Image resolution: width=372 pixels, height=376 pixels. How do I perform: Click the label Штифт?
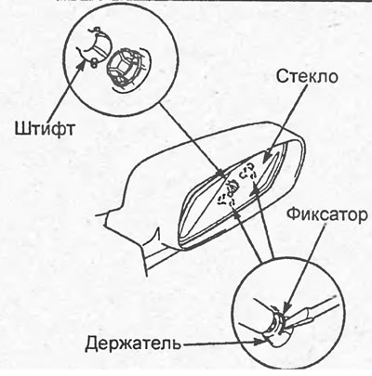[x=45, y=128]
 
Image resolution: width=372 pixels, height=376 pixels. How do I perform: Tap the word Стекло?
[x=307, y=76]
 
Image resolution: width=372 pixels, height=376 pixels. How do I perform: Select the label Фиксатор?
[x=326, y=214]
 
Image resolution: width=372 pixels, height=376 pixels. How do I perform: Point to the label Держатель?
[x=133, y=343]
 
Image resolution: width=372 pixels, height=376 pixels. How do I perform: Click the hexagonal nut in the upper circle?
[x=122, y=65]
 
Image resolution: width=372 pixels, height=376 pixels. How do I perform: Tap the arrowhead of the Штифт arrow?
[x=82, y=61]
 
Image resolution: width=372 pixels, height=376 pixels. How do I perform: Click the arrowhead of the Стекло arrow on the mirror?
[x=265, y=157]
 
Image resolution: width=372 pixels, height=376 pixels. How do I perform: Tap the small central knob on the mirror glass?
[x=232, y=187]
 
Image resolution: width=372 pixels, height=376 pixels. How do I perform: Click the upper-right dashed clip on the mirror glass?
[x=248, y=172]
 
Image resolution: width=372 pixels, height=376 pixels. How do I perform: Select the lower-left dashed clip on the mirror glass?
[x=226, y=201]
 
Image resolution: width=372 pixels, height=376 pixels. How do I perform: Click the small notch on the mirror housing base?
[x=157, y=234]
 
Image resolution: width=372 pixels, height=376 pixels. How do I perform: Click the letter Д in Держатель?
[x=93, y=344]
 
